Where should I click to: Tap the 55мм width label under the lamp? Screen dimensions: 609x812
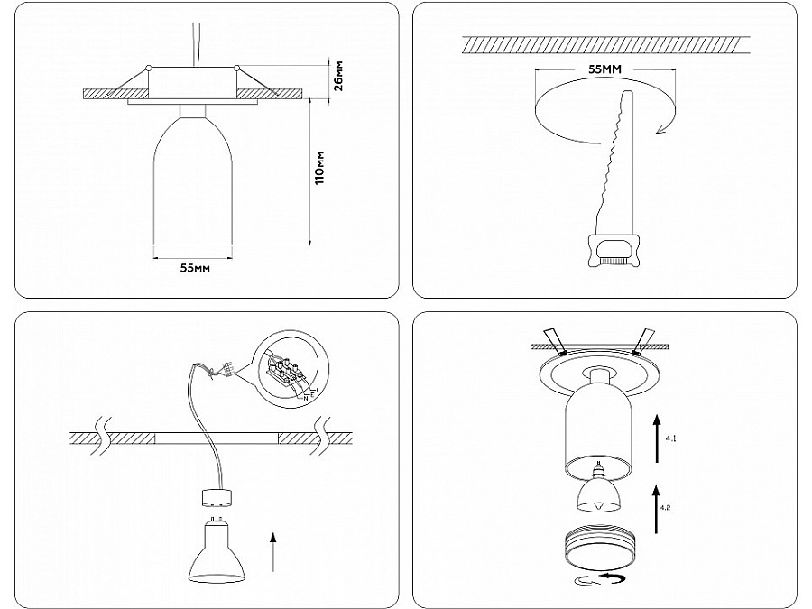click(x=195, y=268)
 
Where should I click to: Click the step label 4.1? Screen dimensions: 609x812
click(x=670, y=438)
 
